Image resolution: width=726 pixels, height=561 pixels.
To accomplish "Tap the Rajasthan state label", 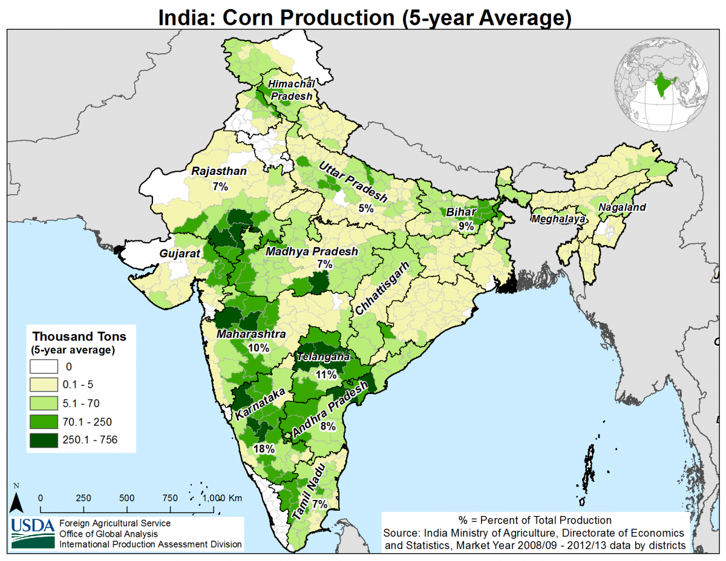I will pos(219,171).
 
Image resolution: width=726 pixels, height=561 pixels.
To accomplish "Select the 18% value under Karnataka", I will pos(265,449).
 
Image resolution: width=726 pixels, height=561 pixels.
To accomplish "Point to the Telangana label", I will pos(323,358).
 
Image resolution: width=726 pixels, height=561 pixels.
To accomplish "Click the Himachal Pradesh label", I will pos(292,90).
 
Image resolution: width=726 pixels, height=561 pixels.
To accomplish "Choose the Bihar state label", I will pos(462,212).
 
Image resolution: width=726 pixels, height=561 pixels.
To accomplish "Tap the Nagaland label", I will pos(622,207).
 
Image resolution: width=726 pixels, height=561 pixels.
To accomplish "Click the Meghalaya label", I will pos(557,218).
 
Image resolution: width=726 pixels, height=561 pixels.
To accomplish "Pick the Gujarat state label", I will pos(180,254).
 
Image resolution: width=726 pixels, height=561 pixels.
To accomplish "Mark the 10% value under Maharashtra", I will pos(258,347).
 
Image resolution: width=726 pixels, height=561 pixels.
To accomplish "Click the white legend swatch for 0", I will pos(44,366).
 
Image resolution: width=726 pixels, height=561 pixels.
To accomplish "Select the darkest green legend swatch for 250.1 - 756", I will pos(44,440).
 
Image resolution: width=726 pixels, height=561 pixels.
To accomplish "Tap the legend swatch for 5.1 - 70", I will pos(44,403).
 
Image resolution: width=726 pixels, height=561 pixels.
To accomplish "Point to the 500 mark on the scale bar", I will pos(126,498).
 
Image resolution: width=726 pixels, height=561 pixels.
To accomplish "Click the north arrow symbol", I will pos(17,500).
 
